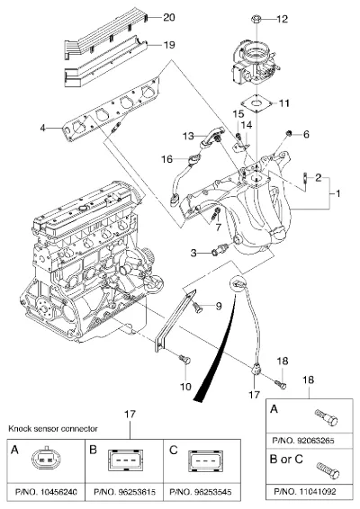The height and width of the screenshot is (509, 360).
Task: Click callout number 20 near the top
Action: coord(169,17)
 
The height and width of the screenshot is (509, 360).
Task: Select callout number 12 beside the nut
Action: coord(282,19)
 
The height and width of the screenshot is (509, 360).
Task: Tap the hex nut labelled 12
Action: coord(256,19)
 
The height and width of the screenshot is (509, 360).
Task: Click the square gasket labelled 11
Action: coord(256,103)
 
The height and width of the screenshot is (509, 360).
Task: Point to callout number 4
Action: coord(42,128)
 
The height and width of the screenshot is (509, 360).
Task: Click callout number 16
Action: coord(167,159)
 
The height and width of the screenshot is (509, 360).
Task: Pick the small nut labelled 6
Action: coord(288,133)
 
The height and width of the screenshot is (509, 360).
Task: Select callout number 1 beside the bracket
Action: coord(337,193)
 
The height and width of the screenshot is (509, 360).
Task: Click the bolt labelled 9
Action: coord(197,307)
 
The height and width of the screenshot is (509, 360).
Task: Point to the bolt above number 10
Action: coord(184,359)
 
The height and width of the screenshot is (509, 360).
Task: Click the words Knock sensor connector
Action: coord(53,428)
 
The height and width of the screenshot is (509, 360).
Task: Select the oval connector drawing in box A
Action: coord(46,458)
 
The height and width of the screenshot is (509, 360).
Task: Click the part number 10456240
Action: coord(58,492)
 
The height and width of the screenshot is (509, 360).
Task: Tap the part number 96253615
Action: coord(137,492)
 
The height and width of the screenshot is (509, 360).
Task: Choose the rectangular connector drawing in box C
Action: coord(206,460)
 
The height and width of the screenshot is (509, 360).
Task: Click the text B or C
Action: coord(286,460)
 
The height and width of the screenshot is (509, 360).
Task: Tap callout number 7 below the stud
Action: coord(218,227)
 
